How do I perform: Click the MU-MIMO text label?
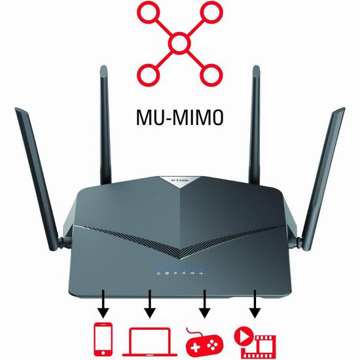point(180,117)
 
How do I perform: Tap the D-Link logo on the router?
point(180,180)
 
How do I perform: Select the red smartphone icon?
point(103,339)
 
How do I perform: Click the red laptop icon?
point(150,342)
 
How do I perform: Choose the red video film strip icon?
point(255,343)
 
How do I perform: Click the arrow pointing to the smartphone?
point(103,304)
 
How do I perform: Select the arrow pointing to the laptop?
point(150,304)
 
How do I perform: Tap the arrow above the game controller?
point(204,304)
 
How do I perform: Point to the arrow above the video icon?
point(255,304)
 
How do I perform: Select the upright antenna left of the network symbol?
point(105,125)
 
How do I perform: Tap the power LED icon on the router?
point(158,273)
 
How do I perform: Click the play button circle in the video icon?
point(243,336)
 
